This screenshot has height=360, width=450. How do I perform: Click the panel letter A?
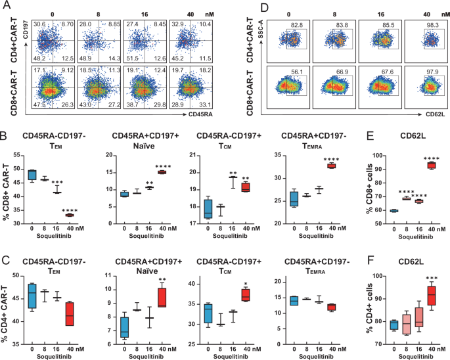tap(5, 7)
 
